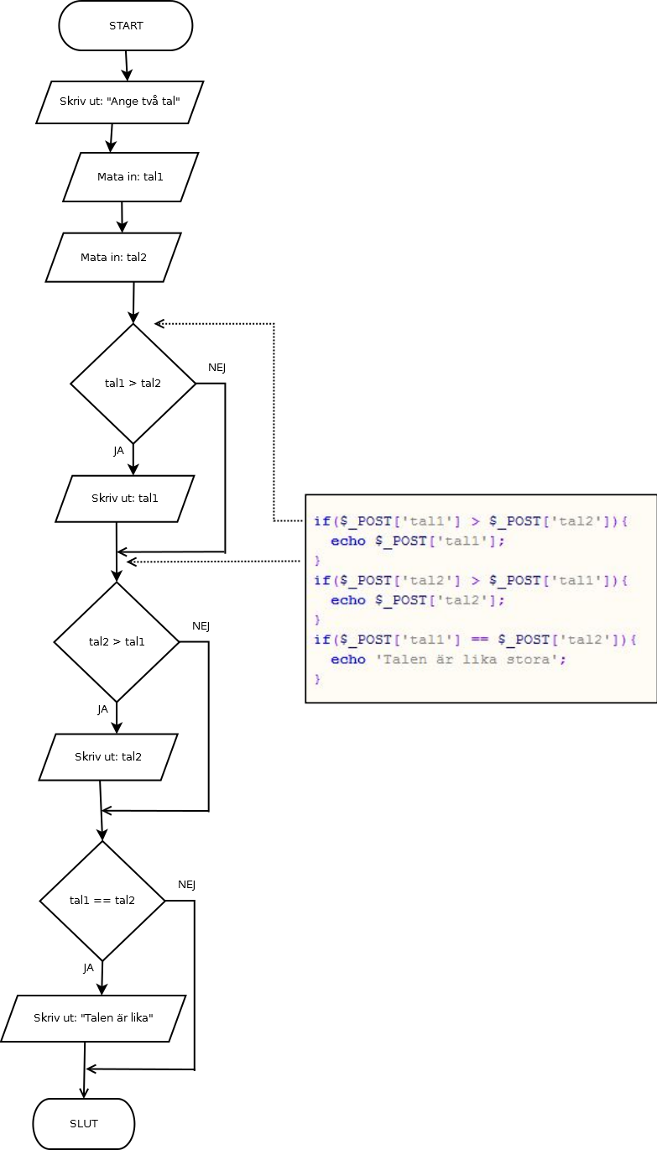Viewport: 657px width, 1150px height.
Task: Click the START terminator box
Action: pos(126,26)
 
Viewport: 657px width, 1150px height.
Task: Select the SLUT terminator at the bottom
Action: pos(84,1123)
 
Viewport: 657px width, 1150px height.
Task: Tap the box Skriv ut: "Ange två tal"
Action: pos(120,102)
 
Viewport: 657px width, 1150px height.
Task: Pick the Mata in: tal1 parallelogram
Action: pos(130,177)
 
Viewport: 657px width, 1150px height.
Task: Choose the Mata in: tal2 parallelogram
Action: pos(113,257)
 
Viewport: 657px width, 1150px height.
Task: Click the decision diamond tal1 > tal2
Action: pos(133,384)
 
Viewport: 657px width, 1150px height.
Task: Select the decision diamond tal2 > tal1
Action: pos(117,642)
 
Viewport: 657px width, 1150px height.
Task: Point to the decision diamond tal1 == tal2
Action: pos(102,901)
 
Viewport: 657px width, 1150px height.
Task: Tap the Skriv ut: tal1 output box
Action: pos(125,499)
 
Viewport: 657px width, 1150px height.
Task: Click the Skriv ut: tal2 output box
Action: pos(108,757)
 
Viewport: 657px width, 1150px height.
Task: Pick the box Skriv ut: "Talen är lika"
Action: pos(92,1018)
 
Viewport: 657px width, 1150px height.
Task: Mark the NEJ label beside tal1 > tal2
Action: pos(217,368)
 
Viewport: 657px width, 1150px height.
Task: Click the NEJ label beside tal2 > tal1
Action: pos(201,626)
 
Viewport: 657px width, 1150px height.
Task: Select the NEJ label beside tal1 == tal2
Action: pos(187,885)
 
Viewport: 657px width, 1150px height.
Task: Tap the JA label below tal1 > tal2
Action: pos(119,451)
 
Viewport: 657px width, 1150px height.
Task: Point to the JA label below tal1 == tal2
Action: pos(89,968)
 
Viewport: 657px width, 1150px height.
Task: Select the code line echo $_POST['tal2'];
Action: pos(418,600)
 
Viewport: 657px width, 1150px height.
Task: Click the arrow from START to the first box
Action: pos(127,65)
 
